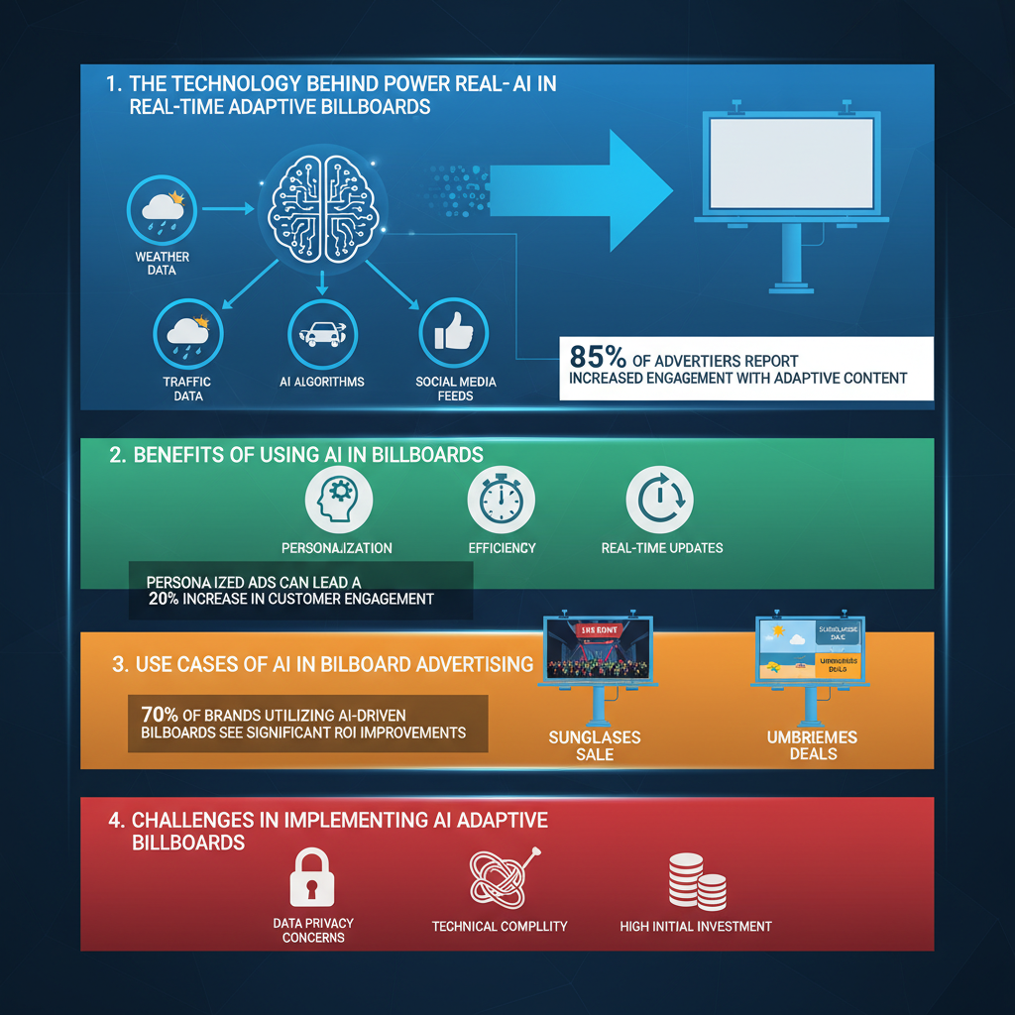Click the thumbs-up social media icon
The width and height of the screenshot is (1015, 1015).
[x=453, y=335]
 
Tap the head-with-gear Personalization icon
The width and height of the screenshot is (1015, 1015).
[x=337, y=502]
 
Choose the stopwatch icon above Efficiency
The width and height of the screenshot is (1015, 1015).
[x=501, y=502]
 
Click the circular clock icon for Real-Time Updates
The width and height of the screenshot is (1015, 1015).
[x=661, y=502]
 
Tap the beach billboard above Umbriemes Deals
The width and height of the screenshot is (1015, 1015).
[x=811, y=650]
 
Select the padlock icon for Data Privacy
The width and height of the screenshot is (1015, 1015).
[x=312, y=876]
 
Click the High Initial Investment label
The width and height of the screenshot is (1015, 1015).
[x=695, y=927]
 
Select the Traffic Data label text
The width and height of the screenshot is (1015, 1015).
[x=187, y=389]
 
